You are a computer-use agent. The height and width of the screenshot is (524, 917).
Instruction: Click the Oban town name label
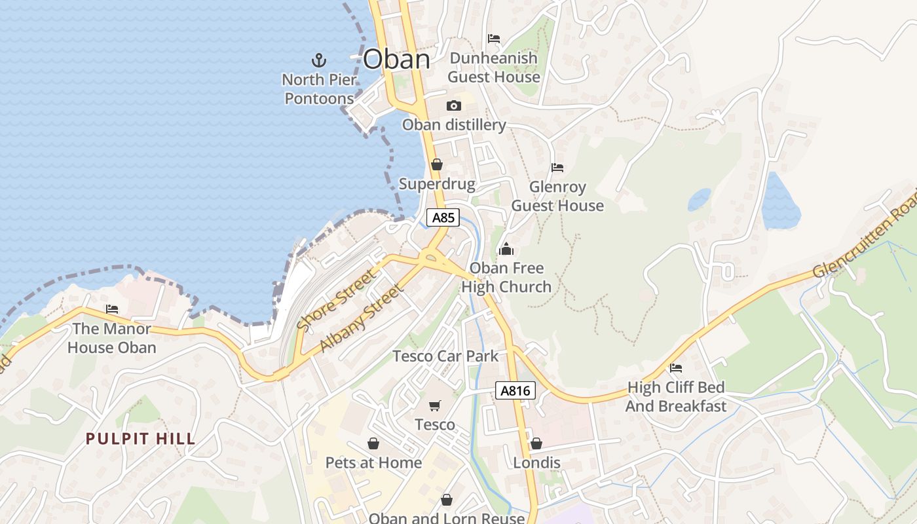click(396, 60)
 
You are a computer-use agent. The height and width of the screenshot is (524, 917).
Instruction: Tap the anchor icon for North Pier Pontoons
click(318, 61)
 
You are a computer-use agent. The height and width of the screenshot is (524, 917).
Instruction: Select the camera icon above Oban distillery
click(453, 105)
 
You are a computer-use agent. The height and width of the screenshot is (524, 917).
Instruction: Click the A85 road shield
click(443, 217)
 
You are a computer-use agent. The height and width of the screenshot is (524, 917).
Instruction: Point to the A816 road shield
click(515, 391)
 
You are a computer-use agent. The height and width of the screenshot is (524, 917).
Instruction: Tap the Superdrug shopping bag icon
click(436, 164)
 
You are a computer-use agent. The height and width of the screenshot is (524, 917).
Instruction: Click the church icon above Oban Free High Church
click(506, 249)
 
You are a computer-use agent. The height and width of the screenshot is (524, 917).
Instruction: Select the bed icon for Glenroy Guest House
click(557, 168)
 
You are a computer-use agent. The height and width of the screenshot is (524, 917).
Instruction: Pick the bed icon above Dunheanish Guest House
click(494, 39)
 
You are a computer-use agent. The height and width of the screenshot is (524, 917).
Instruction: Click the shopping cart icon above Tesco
click(435, 406)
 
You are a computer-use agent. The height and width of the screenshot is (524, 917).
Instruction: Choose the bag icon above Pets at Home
click(373, 444)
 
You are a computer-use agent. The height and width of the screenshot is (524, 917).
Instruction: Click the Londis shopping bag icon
click(536, 444)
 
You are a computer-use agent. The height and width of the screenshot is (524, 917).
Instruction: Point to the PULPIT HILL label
click(141, 439)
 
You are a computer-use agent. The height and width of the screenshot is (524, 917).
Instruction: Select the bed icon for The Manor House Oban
click(112, 309)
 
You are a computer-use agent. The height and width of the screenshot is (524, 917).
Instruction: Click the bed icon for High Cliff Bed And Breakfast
click(676, 368)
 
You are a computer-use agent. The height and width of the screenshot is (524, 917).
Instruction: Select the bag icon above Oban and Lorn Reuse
click(447, 500)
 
